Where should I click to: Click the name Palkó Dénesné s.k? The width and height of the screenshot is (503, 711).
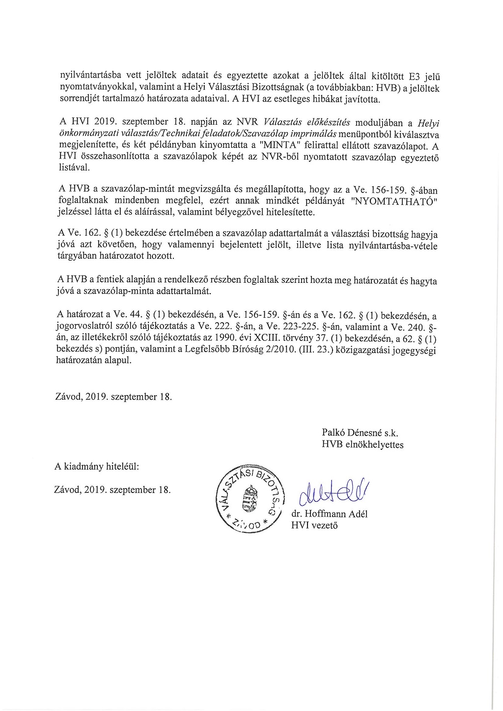point(360,434)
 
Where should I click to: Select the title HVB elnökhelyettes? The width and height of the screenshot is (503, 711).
point(363,445)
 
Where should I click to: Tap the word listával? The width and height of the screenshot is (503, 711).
point(74,168)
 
